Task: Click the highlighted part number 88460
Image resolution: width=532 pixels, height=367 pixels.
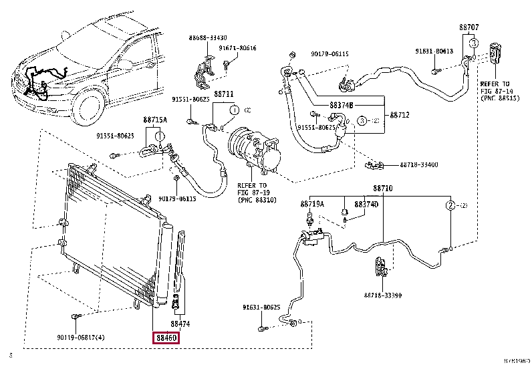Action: tap(166, 338)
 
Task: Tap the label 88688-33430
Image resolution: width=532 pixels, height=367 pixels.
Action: tap(208, 38)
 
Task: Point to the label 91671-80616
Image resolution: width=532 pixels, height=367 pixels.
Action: tap(238, 48)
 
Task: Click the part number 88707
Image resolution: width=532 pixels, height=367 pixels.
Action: tap(469, 27)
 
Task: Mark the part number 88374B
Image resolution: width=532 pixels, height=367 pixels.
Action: tap(341, 105)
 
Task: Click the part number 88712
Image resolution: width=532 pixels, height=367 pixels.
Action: tap(399, 115)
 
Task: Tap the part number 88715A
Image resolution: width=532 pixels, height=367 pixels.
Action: tap(155, 120)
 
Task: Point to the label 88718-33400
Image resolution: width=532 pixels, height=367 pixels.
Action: tap(419, 164)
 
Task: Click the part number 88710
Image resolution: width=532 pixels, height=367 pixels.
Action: tap(383, 189)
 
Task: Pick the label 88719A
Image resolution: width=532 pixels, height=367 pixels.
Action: tap(311, 203)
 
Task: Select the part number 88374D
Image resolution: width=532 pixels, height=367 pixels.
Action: tap(366, 203)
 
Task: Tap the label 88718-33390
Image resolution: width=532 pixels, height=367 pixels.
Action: tap(383, 294)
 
